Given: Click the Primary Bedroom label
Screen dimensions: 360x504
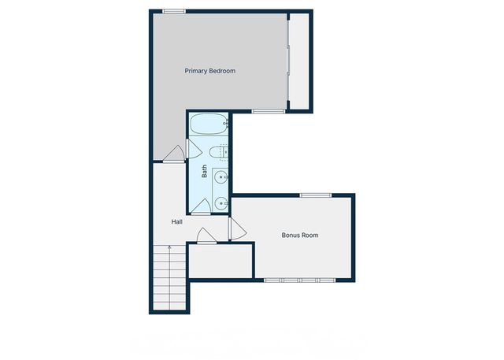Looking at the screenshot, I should tap(210, 71).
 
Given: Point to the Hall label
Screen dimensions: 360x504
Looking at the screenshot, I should tap(177, 221).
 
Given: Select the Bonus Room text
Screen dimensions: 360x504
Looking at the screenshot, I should tap(300, 235).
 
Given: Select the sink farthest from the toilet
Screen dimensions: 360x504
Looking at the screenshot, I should tap(221, 202).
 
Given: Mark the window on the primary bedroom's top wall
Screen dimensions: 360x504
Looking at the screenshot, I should tap(175, 11).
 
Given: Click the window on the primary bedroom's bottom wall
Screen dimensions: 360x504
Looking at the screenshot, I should tap(268, 112).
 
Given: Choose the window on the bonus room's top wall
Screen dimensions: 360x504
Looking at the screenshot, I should tap(315, 195).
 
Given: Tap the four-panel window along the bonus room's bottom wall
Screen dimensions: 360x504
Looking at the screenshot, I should tap(300, 280).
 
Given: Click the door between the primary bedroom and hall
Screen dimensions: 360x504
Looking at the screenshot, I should tap(176, 153).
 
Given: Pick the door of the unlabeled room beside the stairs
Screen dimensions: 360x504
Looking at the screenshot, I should tap(204, 236).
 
